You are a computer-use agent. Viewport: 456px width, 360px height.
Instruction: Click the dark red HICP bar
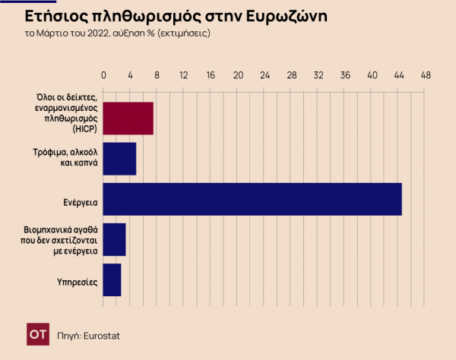tap(128, 118)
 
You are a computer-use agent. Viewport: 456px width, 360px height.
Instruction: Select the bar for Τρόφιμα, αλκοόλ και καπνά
tap(119, 159)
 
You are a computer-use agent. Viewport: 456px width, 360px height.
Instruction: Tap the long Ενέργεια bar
tap(252, 199)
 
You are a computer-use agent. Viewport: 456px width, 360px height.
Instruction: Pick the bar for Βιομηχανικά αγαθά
tap(114, 239)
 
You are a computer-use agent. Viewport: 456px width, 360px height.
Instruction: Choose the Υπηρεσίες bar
tap(112, 279)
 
